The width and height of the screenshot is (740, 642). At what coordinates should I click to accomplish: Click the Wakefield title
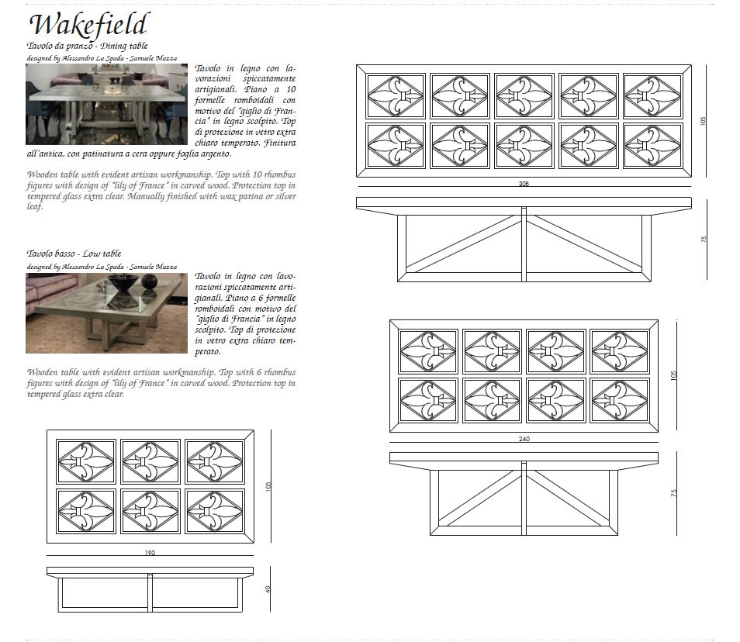click(x=89, y=25)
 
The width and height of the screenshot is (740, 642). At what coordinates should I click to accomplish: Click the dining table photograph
click(x=107, y=104)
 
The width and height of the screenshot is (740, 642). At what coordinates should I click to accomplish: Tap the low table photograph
click(x=107, y=313)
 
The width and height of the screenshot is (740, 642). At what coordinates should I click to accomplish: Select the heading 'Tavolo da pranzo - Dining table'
click(x=88, y=46)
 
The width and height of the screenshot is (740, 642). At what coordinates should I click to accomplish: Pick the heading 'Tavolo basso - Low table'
click(x=74, y=254)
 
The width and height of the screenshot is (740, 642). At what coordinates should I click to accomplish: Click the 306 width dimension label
click(x=524, y=184)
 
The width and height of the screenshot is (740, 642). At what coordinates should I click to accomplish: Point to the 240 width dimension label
click(x=524, y=439)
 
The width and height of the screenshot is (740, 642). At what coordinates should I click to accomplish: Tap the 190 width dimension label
click(x=150, y=552)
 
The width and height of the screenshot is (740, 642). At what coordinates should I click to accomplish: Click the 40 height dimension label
click(x=268, y=589)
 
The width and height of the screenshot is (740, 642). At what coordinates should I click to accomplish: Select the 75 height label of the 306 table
click(x=704, y=239)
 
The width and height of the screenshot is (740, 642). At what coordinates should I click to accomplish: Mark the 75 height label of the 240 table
click(x=674, y=492)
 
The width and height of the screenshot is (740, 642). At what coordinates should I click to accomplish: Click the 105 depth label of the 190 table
click(x=268, y=486)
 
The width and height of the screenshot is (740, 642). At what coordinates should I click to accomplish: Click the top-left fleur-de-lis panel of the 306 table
click(x=396, y=96)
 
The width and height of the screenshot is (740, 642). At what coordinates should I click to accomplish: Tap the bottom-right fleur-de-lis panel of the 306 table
click(x=653, y=146)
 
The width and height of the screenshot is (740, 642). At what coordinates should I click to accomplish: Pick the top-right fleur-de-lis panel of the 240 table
click(x=620, y=351)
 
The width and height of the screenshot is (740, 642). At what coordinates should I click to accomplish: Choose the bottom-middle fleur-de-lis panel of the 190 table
click(x=150, y=511)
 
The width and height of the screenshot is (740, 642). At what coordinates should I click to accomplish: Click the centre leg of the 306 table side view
click(x=524, y=244)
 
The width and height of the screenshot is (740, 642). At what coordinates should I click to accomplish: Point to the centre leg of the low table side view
click(x=150, y=593)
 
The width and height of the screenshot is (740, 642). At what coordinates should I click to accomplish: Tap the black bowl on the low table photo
click(x=123, y=284)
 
